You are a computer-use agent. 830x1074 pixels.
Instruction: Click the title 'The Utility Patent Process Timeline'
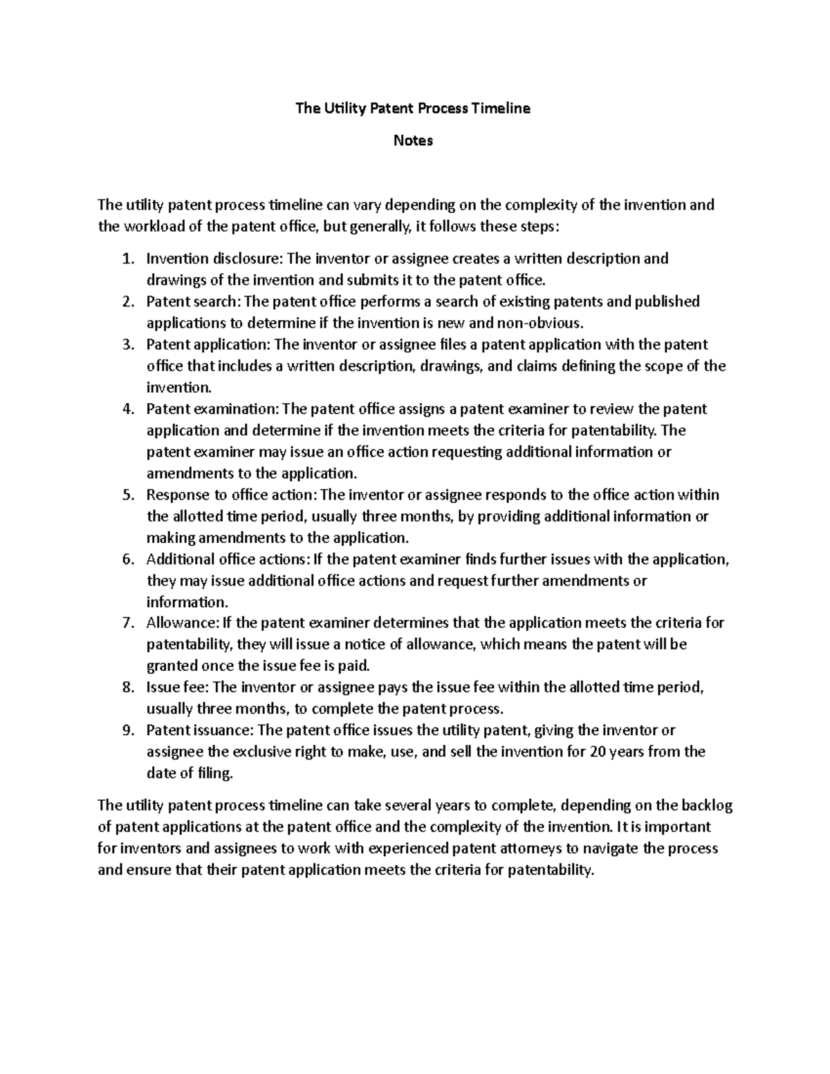point(413,108)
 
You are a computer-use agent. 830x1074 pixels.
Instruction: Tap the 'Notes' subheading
point(413,140)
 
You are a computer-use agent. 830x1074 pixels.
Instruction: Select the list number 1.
point(126,259)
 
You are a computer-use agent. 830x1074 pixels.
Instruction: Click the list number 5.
point(126,494)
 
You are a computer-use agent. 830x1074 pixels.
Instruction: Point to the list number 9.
point(126,730)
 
